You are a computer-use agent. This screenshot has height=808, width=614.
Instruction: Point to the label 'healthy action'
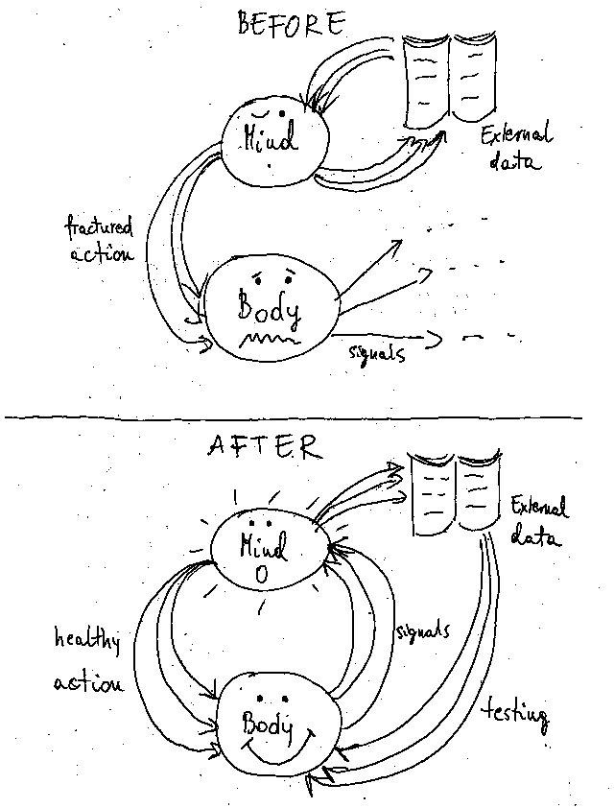point(88,662)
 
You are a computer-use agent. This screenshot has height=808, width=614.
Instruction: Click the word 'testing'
point(516,715)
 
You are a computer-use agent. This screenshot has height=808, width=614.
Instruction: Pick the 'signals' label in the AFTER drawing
point(421,634)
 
